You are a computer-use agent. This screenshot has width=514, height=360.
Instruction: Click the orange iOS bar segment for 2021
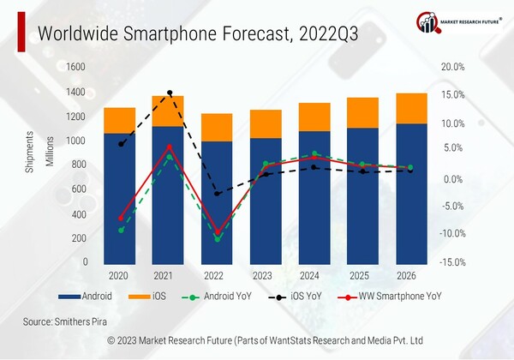point(168,111)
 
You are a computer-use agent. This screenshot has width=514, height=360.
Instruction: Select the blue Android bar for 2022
point(217,201)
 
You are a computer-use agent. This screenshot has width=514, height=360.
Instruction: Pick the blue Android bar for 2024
point(314,197)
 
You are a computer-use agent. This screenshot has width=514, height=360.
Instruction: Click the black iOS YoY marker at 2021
point(170,93)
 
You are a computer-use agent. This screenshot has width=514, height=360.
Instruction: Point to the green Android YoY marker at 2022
point(218,239)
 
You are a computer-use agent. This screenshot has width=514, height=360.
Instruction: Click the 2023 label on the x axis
point(265,276)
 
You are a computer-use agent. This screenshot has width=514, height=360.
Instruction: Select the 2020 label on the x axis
point(119,276)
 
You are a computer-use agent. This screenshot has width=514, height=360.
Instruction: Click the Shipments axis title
point(30,153)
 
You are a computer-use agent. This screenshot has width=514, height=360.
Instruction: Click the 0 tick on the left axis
point(83,261)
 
